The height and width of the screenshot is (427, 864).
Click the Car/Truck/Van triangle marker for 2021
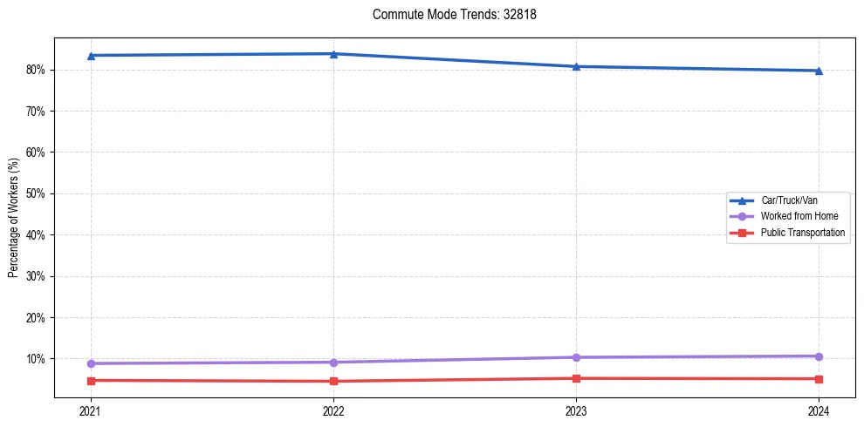coord(91,56)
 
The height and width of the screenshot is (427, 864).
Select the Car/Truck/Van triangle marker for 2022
coord(333,54)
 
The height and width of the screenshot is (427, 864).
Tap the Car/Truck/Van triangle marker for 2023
coord(576,66)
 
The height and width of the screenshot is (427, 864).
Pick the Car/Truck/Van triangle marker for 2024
coord(819,71)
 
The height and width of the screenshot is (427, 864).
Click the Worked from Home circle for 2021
coord(91,363)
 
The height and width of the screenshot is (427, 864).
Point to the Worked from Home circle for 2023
coord(576,357)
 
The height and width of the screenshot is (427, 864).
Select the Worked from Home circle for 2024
coord(819,356)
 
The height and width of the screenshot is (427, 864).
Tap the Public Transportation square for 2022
coord(333,381)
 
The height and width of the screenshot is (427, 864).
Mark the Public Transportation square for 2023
coord(576,378)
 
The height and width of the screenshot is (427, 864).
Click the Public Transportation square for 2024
coord(819,379)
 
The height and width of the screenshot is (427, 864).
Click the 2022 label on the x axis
coord(333,410)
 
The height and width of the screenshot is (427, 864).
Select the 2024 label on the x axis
coord(819,410)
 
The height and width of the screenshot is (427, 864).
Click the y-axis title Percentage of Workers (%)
coord(14,218)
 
